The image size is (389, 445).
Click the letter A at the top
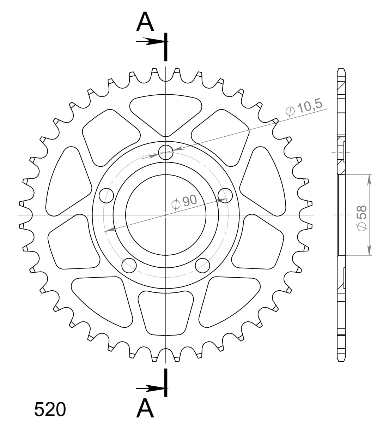(145, 22)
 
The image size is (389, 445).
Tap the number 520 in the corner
(50, 410)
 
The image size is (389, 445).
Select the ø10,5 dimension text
(304, 107)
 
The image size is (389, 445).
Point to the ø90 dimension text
(184, 202)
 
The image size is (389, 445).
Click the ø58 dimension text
(362, 219)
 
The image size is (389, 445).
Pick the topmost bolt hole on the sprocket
(166, 153)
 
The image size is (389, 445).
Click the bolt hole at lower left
(129, 265)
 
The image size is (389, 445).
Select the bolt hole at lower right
(202, 265)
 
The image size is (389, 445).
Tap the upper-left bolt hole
(107, 195)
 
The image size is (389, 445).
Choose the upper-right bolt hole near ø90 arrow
(225, 195)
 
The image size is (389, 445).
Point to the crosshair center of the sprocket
(166, 215)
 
